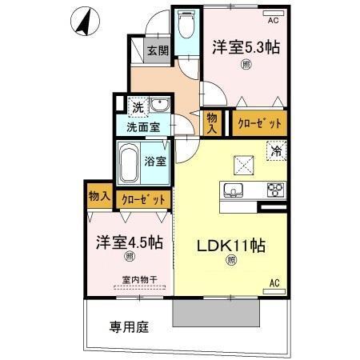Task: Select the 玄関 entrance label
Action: (x=158, y=51)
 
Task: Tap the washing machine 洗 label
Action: (x=138, y=106)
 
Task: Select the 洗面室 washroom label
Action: (x=142, y=126)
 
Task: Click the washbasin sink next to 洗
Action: (x=159, y=106)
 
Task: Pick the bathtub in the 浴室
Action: (x=127, y=166)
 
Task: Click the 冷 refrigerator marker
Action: (x=275, y=149)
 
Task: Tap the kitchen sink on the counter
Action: (x=234, y=190)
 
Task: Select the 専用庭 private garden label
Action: (x=128, y=326)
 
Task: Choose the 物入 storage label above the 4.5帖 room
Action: (x=98, y=197)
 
